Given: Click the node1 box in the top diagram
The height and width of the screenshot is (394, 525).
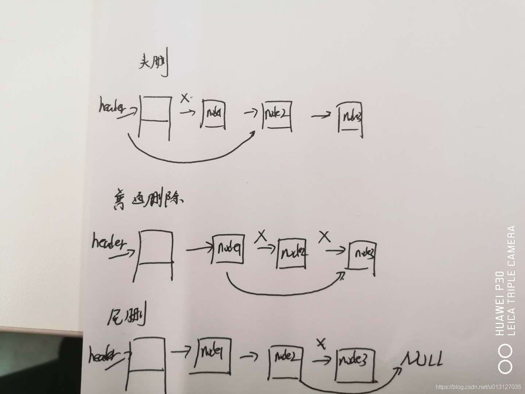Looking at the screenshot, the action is [x=214, y=114].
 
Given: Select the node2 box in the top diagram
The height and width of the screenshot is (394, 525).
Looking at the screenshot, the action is [x=277, y=115].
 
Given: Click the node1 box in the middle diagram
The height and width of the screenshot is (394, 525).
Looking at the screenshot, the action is [x=227, y=249].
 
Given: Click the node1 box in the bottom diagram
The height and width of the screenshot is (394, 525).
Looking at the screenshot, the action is [x=213, y=354].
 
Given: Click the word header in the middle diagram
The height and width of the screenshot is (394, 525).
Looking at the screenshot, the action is [x=108, y=243].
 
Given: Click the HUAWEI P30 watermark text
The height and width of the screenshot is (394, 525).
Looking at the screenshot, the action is [x=499, y=303].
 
